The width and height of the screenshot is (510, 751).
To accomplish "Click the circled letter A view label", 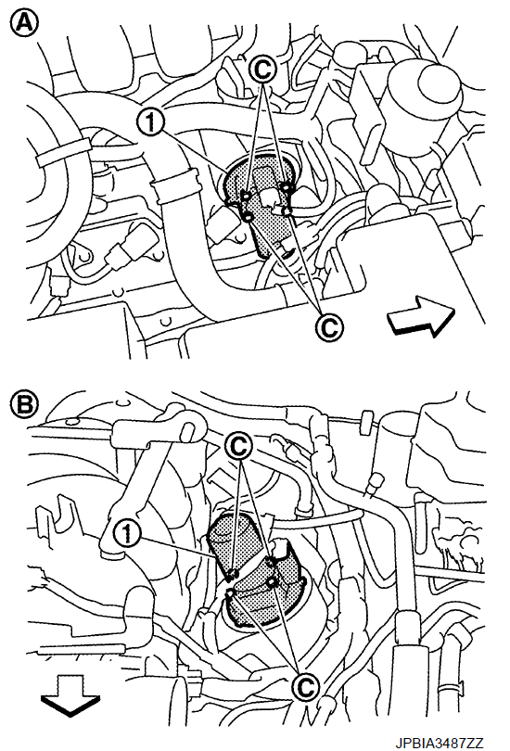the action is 23,23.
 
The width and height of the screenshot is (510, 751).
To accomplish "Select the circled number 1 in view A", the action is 150,121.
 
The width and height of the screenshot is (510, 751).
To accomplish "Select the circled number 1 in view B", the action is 126,533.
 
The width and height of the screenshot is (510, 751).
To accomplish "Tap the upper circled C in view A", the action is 262,70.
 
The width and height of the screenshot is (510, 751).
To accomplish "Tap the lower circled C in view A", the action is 328,326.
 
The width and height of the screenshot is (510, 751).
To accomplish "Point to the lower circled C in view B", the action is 305,687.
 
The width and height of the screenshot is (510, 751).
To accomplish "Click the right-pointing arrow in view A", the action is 420,316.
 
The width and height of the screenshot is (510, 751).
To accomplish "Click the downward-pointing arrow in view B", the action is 70,695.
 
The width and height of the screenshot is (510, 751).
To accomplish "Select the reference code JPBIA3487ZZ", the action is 440,743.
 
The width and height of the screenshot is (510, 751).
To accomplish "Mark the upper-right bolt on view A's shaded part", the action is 286,186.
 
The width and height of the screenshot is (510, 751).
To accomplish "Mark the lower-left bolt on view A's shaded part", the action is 249,218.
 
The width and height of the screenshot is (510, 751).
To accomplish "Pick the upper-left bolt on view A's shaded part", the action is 245,195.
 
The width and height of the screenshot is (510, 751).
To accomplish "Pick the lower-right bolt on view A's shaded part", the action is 287,210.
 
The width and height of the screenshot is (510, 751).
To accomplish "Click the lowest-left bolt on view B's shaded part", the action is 229,594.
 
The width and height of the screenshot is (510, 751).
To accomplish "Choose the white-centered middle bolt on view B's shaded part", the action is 272,582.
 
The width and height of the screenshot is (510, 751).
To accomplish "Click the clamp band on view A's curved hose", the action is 174,185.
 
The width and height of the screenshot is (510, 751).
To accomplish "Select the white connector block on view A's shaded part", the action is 268,197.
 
